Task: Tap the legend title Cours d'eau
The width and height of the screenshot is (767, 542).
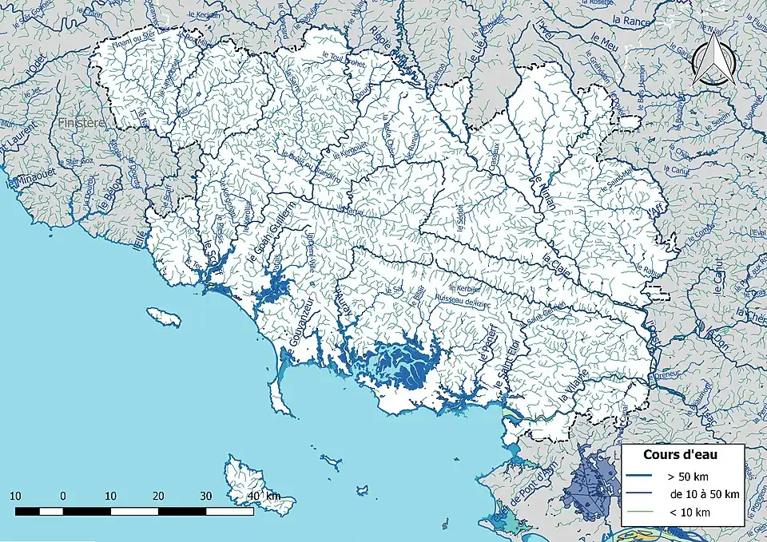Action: (680, 454)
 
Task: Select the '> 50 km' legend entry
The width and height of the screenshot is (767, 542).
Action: (689, 477)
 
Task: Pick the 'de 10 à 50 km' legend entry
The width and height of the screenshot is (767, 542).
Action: (704, 494)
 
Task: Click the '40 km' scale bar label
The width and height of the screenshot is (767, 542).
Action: (264, 496)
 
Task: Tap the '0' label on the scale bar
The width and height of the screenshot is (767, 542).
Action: (62, 496)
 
